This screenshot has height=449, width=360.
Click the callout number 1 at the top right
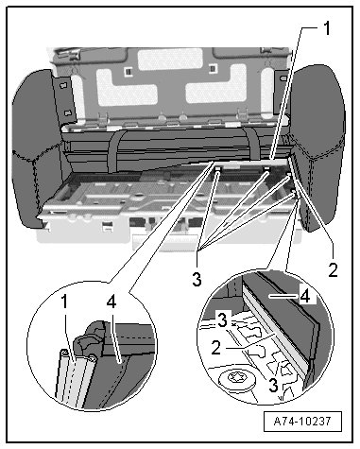coord(328,28)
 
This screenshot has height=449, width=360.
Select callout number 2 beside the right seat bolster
coord(333,269)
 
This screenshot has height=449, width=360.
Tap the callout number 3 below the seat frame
coord(197,279)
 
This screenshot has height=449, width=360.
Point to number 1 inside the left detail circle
coord(64,302)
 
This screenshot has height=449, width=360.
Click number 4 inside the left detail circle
coord(111,302)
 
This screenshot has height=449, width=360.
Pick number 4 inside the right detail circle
coord(305,297)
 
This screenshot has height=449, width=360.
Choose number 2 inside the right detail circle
coord(216,348)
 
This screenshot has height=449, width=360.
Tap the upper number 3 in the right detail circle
coord(222,319)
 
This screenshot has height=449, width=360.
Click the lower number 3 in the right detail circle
coord(273,385)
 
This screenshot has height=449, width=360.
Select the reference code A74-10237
coord(302,421)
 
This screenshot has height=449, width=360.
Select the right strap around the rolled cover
coord(253,144)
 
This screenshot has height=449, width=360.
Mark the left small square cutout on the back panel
coord(128,71)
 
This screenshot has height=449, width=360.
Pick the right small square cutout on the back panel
coord(213,68)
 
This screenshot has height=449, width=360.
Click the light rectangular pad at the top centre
coord(170,60)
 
